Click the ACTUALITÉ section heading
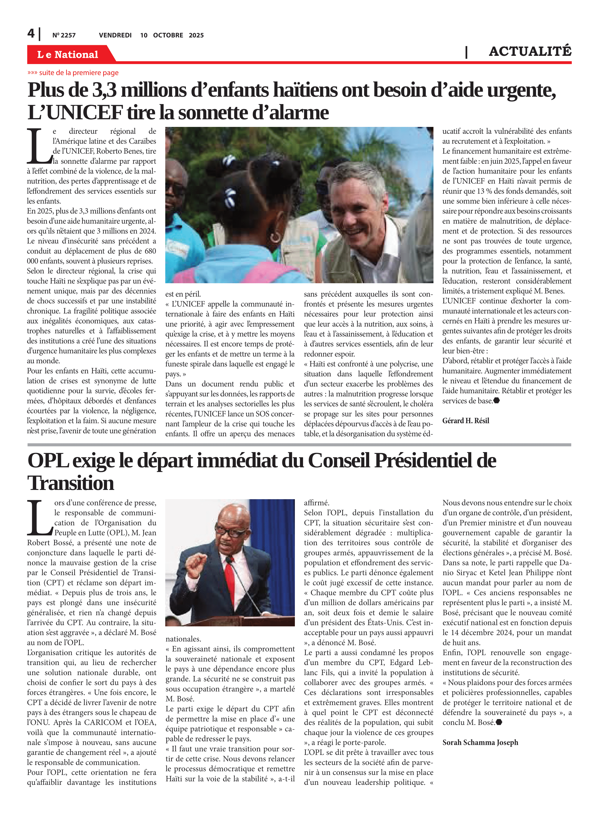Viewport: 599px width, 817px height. pyautogui.click(x=530, y=51)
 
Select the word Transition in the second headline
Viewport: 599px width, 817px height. pyautogui.click(x=71, y=483)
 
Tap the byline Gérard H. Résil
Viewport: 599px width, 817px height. pyautogui.click(x=466, y=421)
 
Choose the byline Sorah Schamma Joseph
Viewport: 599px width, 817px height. pyautogui.click(x=480, y=742)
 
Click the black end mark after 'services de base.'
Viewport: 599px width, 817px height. pyautogui.click(x=496, y=401)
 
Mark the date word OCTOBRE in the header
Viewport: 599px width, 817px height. pyautogui.click(x=168, y=35)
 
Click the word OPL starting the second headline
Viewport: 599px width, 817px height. pyautogui.click(x=48, y=461)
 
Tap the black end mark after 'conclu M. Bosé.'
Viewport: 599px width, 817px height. pyautogui.click(x=499, y=722)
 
